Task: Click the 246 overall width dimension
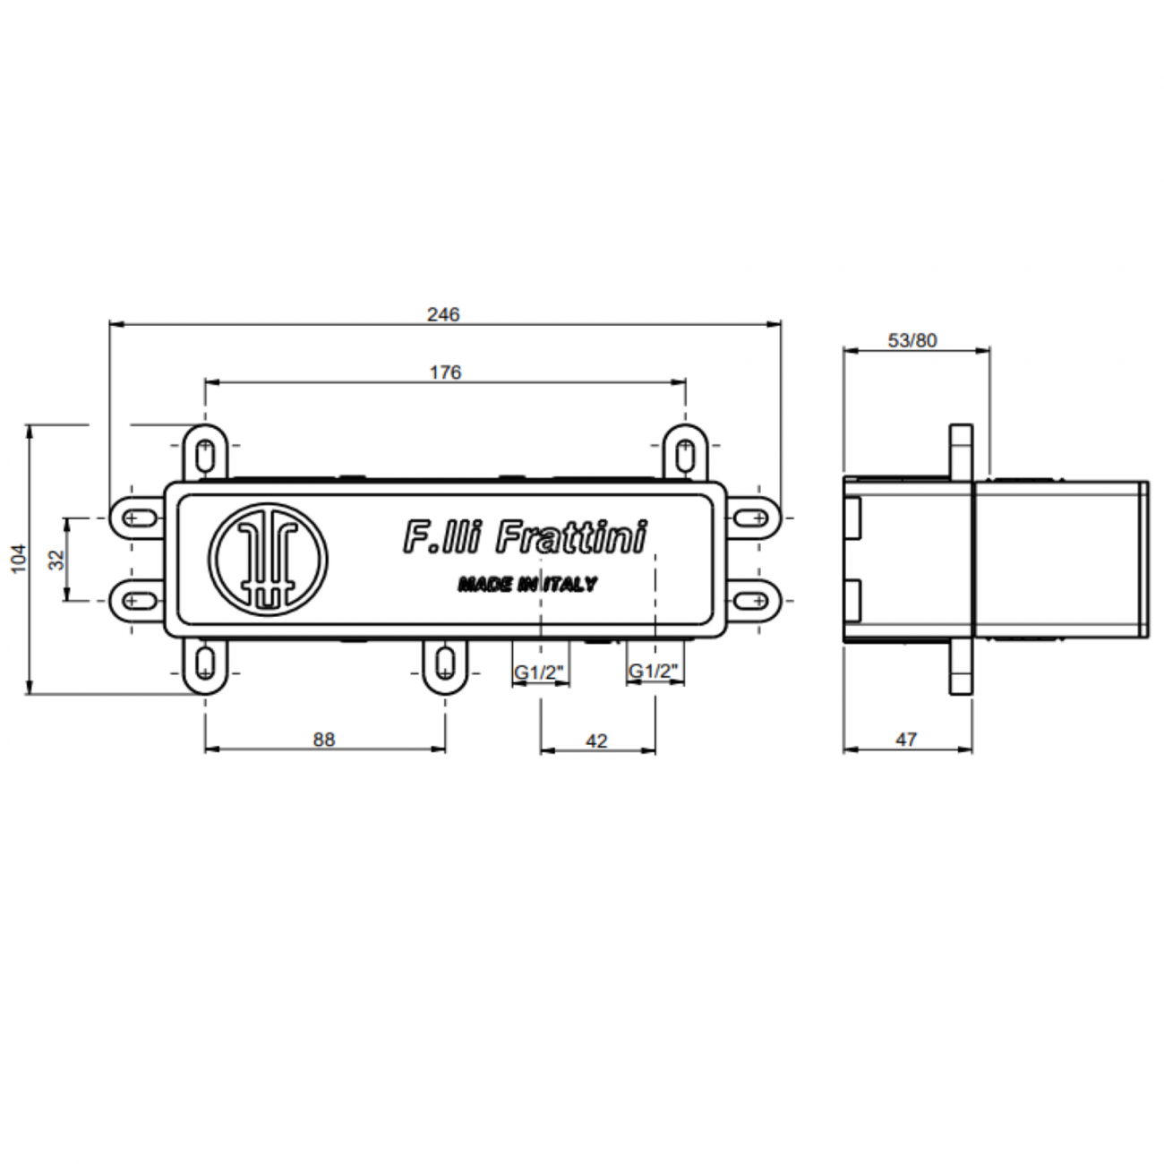tap(443, 314)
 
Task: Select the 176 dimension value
tap(445, 372)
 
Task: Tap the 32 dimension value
tap(56, 560)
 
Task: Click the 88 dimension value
tap(324, 740)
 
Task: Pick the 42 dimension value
tap(596, 740)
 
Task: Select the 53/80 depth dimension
tap(912, 340)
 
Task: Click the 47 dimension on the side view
tap(906, 740)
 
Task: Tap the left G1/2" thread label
tap(540, 672)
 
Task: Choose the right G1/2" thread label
tap(655, 672)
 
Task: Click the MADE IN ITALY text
tap(526, 585)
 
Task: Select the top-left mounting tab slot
tap(206, 453)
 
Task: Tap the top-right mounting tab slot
tap(686, 453)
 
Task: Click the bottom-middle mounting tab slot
tap(445, 663)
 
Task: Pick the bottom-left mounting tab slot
tap(206, 663)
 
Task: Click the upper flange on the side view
tap(960, 450)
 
